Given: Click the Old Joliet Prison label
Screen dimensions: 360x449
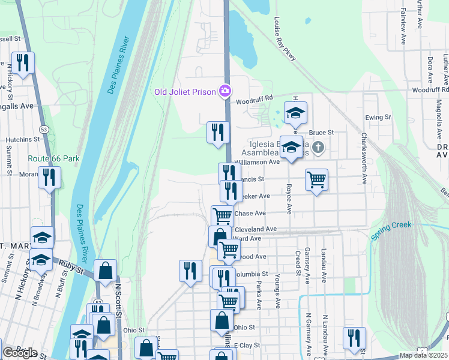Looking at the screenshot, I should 185,92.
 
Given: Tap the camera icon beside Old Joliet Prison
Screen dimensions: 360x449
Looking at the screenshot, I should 224,91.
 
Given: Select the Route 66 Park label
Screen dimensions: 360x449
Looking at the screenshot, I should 53,158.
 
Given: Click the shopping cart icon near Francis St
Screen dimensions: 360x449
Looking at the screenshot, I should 316,179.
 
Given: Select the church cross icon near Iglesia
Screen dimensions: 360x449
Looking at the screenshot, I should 319,146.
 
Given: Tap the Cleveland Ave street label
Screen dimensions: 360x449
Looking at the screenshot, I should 255,229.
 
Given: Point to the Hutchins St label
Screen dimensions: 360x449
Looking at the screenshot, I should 22,139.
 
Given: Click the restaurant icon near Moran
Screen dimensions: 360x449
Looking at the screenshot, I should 49,177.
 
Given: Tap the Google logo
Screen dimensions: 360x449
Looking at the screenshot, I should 20,352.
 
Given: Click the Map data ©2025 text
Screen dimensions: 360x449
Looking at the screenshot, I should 423,355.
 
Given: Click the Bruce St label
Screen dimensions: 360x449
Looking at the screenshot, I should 321,132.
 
